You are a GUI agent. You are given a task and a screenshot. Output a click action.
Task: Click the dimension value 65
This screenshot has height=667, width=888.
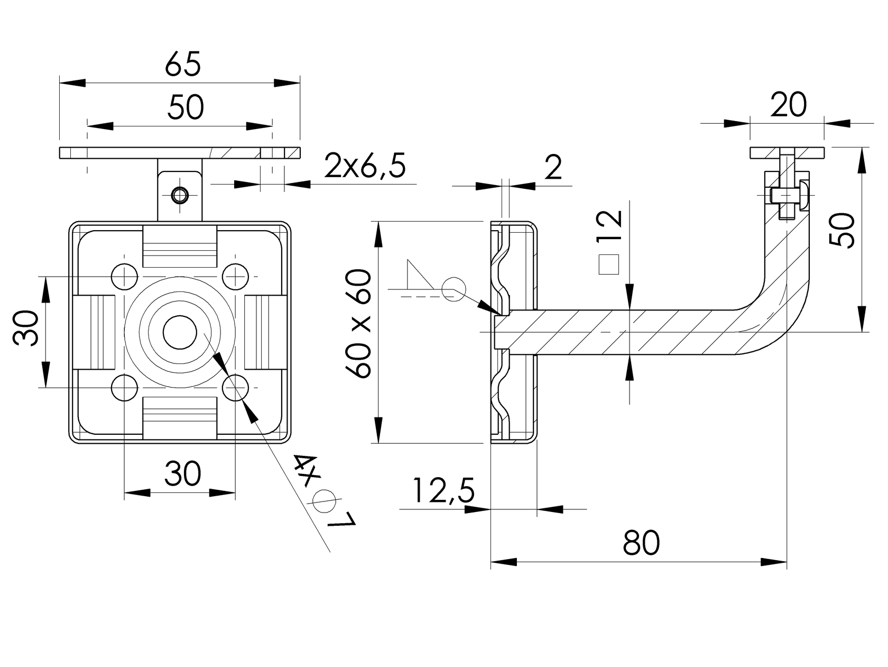click(183, 65)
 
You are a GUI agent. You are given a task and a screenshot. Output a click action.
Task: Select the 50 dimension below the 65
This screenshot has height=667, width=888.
click(186, 107)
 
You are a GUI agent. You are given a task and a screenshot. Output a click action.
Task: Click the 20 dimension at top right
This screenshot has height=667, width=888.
click(788, 105)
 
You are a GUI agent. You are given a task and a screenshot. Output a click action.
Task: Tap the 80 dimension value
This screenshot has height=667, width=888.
click(641, 543)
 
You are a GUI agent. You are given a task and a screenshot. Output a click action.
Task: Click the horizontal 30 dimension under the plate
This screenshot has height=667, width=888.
click(182, 473)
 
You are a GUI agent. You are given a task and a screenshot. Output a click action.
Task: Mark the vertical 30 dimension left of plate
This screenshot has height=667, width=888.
click(26, 328)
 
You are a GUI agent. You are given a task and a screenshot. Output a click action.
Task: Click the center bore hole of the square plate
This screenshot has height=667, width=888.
click(180, 332)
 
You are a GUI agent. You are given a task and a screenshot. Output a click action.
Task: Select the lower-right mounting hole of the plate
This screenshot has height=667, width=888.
click(235, 388)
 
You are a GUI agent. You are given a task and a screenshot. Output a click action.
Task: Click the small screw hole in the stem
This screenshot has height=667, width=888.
click(180, 195)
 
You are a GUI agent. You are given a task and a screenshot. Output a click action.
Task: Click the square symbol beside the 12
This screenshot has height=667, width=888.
click(609, 264)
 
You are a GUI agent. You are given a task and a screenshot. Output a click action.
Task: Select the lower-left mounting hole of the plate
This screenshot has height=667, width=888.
click(125, 388)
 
